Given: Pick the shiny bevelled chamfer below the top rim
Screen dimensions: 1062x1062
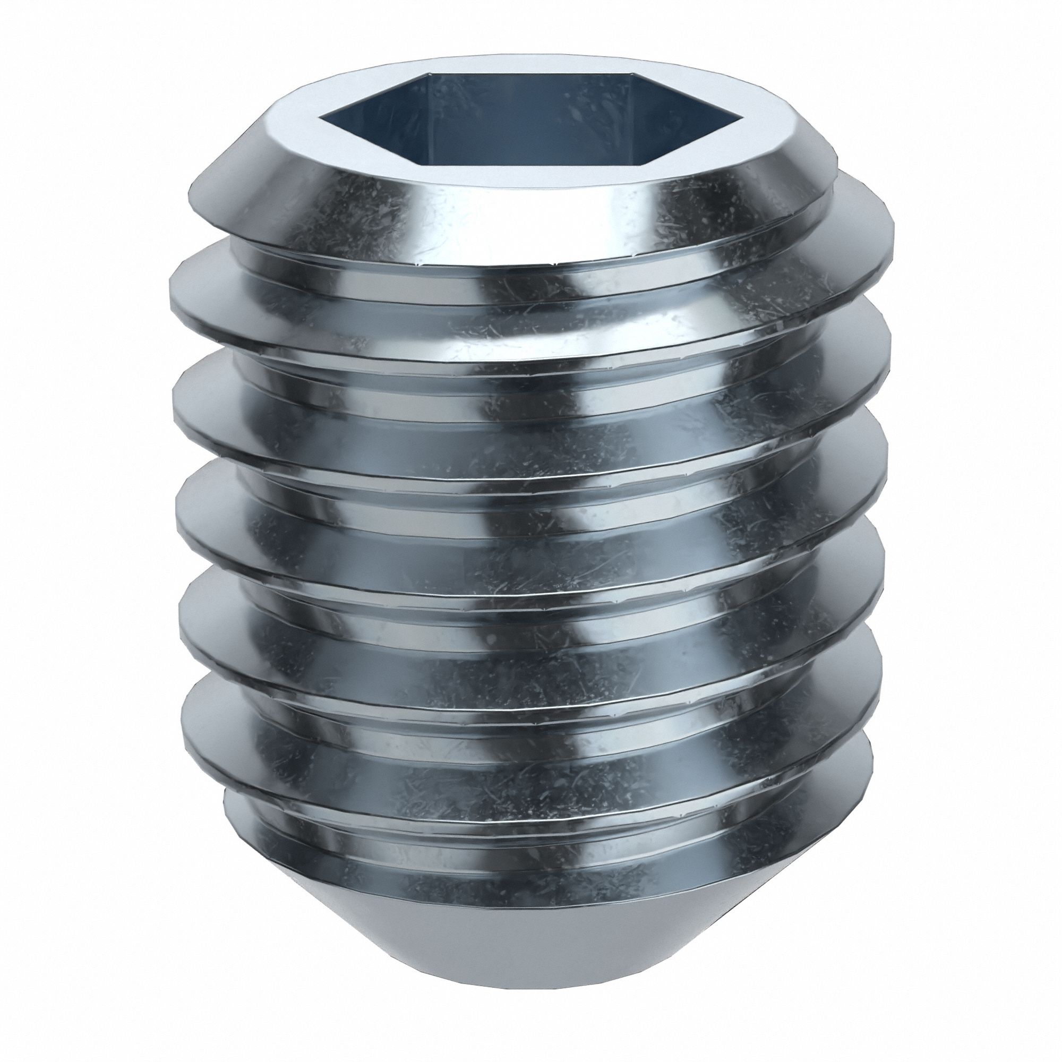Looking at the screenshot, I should click(x=528, y=220).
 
